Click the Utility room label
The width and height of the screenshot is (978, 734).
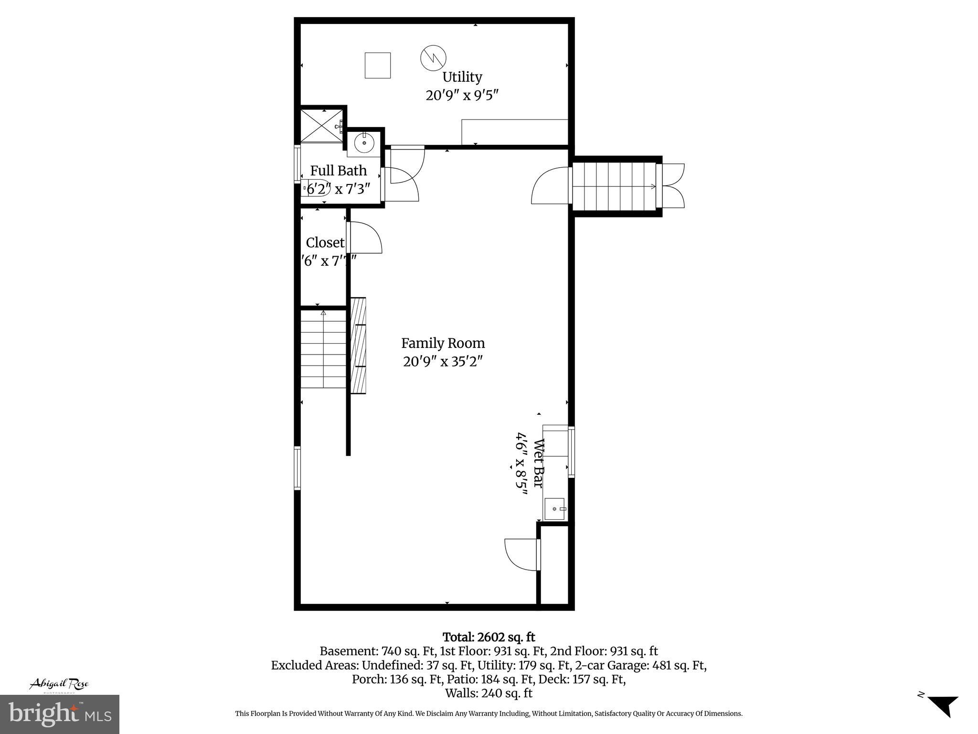click(x=462, y=77)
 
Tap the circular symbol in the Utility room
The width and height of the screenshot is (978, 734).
click(x=433, y=57)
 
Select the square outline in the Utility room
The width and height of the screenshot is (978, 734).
click(x=377, y=65)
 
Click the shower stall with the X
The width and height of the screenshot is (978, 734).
click(x=321, y=126)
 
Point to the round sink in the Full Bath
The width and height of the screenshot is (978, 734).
click(x=364, y=142)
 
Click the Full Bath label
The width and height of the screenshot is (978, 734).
click(x=338, y=171)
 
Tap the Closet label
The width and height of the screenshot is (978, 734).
click(x=325, y=243)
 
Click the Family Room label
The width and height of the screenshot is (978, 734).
click(x=443, y=343)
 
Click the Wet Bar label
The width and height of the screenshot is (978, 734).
click(x=538, y=463)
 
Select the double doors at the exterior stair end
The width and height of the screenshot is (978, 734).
click(x=672, y=186)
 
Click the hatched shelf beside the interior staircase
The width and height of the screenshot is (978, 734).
click(x=358, y=345)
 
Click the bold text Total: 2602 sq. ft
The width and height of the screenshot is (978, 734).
click(x=489, y=637)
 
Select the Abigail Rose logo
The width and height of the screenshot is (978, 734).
click(x=59, y=685)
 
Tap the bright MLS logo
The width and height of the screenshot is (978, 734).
click(x=60, y=714)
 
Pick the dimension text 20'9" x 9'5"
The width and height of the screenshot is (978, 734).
click(x=462, y=95)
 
